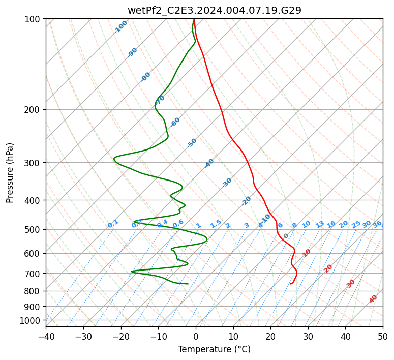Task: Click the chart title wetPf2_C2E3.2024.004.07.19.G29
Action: pos(214,10)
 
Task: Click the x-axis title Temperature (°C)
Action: pos(214,349)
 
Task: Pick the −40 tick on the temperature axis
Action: pos(46,336)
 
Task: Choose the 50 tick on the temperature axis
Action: pos(383,336)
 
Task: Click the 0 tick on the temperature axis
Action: pos(196,336)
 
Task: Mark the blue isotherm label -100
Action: pos(121,27)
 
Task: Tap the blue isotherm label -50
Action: pos(192,143)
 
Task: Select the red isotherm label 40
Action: pos(373,299)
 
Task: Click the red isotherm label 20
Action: pos(328,268)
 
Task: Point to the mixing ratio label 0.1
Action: pos(113,223)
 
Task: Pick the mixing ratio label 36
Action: pos(377,224)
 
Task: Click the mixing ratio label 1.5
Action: pos(216,223)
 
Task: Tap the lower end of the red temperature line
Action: pos(290,284)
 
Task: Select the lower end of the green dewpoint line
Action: pos(188,284)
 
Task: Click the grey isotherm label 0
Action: pos(286,236)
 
